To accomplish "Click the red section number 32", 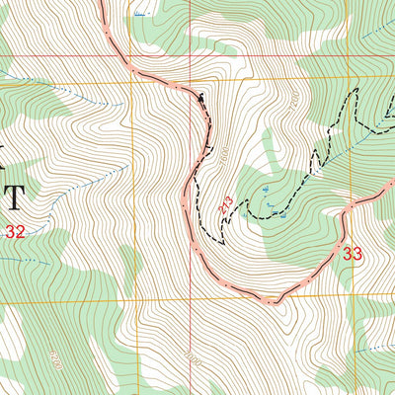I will tap(14, 232).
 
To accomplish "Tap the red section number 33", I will tap(353, 253).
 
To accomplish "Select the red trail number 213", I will tap(226, 204).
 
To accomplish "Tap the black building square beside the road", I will tap(202, 98).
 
